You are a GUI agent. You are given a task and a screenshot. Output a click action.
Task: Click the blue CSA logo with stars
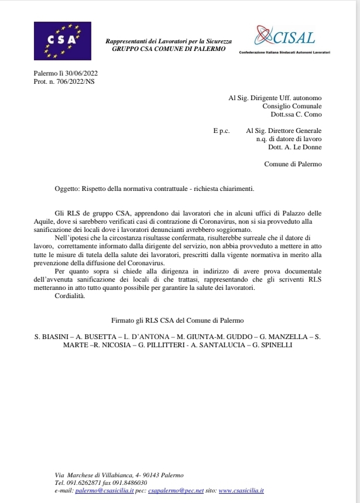pyautogui.click(x=63, y=42)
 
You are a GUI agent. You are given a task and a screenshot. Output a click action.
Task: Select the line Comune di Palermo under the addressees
pyautogui.click(x=293, y=165)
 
